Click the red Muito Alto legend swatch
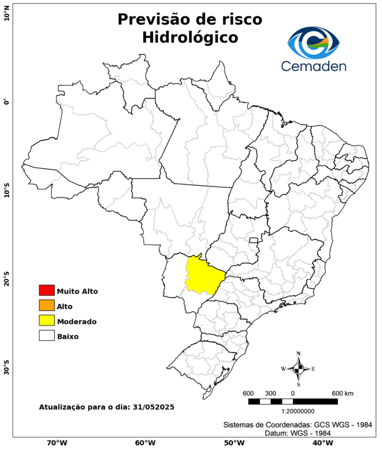click(46, 291)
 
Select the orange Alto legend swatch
click(46, 306)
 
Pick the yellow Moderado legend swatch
click(46, 321)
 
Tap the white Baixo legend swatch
click(46, 336)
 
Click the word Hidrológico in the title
click(190, 37)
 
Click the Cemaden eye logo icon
click(317, 42)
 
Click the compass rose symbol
click(298, 369)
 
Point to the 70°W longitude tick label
click(56, 443)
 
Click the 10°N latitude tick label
click(6, 13)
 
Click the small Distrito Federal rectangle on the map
click(253, 240)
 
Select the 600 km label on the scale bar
click(342, 393)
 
